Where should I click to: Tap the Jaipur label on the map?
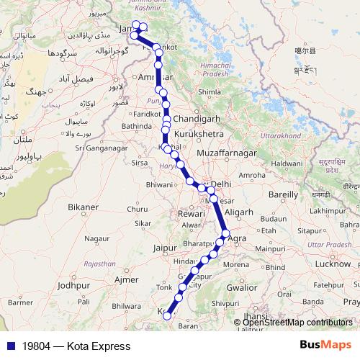pos(165,248)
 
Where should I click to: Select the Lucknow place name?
pos(332,264)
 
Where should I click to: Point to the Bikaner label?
pos(83,207)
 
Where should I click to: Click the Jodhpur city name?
pos(76,285)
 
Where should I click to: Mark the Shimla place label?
pos(209,92)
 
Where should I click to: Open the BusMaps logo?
pos(325,346)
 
